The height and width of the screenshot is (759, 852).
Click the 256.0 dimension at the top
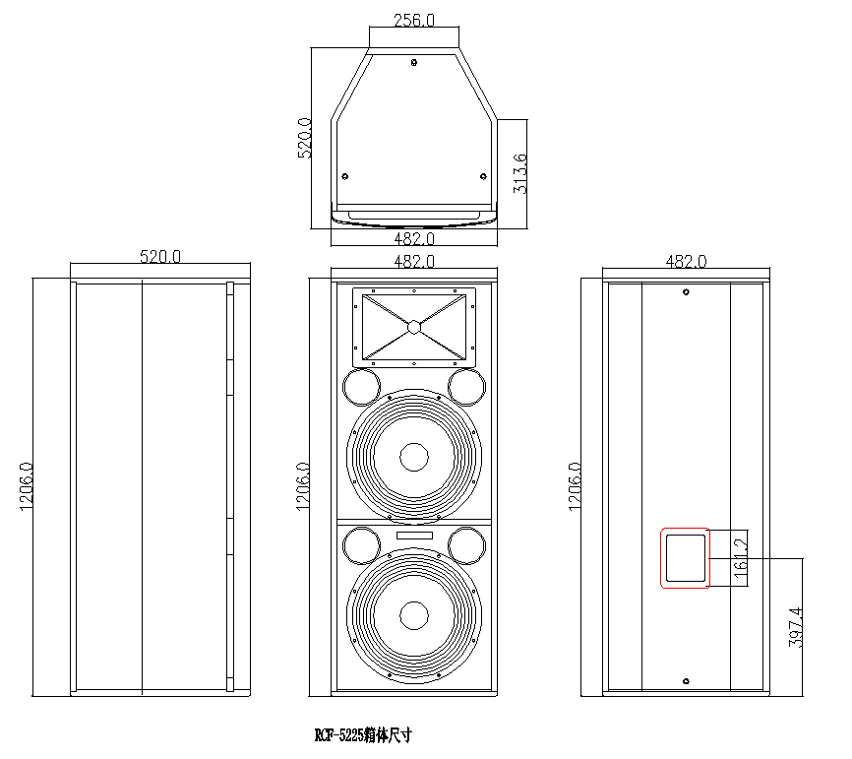coord(414,20)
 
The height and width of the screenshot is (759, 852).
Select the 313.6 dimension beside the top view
coord(520,172)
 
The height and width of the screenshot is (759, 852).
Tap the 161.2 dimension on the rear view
coord(741,557)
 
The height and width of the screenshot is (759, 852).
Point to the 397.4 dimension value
coord(796,626)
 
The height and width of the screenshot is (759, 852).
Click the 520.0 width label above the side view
coord(160,257)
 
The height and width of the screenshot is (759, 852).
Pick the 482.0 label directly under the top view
coord(414,238)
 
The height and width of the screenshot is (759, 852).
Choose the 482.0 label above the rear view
coord(686,262)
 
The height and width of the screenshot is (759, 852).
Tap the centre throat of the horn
coord(414,327)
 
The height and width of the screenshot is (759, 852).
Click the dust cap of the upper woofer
coord(414,458)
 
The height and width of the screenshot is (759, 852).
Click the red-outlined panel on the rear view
coord(685,557)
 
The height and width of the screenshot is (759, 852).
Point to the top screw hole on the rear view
coord(686,291)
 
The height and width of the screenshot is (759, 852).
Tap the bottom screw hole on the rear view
coord(686,680)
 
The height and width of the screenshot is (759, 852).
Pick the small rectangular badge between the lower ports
coord(414,535)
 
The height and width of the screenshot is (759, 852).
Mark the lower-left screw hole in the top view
coord(345,176)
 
